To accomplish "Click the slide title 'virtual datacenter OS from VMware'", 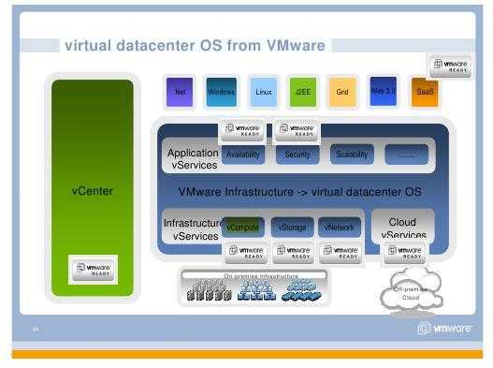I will pos(194,44).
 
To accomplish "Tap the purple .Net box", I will pos(180,92).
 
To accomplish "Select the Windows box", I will pos(222,92).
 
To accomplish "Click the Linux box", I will pos(264,92).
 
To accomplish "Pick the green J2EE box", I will pos(303,92).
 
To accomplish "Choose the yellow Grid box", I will pos(342,92).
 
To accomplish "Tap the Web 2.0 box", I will pos(384,91).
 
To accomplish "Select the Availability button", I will pos(243,155).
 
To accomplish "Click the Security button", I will pos(297,155).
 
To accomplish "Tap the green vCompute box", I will pos(243,227).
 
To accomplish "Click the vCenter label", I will pos(93,191).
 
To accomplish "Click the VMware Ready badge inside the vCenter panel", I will pos(92,270).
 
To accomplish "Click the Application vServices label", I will pos(192,158).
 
